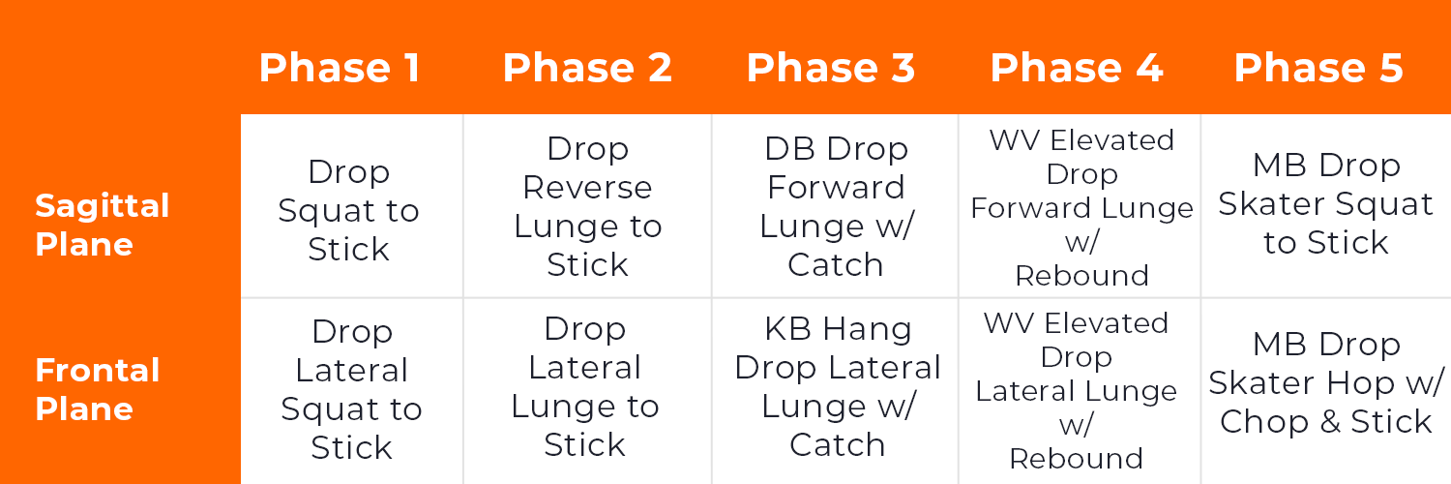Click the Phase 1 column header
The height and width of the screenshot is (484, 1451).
[x=340, y=69]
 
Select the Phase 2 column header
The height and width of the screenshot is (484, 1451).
[x=587, y=69]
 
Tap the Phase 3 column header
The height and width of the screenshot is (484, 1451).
[x=831, y=69]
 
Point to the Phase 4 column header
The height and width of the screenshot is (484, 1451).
[x=1077, y=69]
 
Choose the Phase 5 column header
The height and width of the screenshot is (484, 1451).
[x=1318, y=69]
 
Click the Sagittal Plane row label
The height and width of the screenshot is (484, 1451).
[x=103, y=225]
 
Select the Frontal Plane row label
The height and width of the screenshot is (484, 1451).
[x=98, y=389]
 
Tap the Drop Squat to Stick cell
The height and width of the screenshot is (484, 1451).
[x=349, y=210]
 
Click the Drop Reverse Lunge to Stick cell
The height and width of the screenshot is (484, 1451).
[x=587, y=206]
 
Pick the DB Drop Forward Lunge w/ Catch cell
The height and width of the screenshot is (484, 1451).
[x=836, y=206]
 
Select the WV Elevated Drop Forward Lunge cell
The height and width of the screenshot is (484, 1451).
[x=1081, y=208]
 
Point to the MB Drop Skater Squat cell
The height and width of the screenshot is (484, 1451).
[x=1326, y=203]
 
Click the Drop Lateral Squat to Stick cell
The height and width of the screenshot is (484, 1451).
[x=351, y=389]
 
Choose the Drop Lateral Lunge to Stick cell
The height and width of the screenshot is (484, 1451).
[x=585, y=386]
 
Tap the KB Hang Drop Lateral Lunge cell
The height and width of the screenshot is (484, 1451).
[x=838, y=386]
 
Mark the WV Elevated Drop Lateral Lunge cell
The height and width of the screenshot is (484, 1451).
[x=1076, y=390]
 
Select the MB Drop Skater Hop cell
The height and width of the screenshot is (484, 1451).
[x=1326, y=382]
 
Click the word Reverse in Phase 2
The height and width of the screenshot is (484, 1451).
[x=587, y=187]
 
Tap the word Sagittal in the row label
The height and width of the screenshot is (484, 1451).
[x=103, y=205]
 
